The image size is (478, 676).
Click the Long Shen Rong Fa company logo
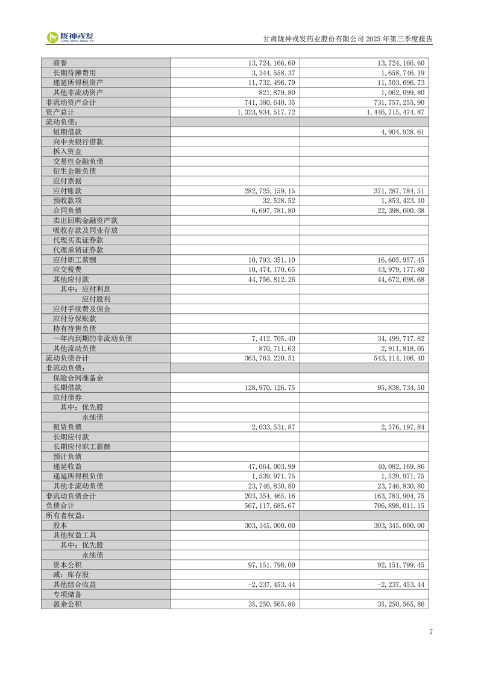pyautogui.click(x=71, y=37)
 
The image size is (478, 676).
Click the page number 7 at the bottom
pyautogui.click(x=431, y=631)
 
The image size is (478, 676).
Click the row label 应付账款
pyautogui.click(x=67, y=190)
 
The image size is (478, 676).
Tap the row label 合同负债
pyautogui.click(x=67, y=210)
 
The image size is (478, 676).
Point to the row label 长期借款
pyautogui.click(x=67, y=388)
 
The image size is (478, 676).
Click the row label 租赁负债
pyautogui.click(x=67, y=427)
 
